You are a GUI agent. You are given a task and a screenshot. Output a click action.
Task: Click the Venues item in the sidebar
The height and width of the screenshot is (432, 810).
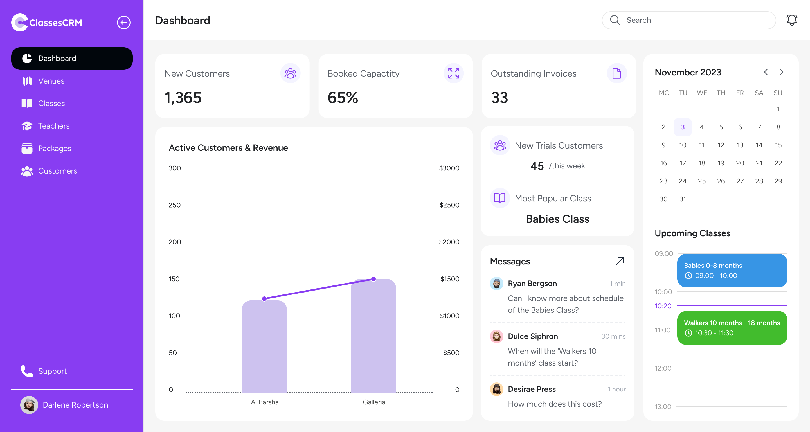tap(51, 81)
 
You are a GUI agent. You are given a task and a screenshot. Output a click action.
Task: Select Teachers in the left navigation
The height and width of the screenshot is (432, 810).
tap(53, 126)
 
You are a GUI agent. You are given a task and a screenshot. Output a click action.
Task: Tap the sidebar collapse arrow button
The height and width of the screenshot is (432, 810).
tap(123, 22)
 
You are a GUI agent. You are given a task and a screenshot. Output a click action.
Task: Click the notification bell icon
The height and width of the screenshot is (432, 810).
tap(791, 20)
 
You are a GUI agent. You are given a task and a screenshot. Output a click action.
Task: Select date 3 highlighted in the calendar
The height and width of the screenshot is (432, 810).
tap(682, 127)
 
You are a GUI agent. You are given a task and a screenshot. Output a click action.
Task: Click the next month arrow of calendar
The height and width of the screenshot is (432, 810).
tap(781, 72)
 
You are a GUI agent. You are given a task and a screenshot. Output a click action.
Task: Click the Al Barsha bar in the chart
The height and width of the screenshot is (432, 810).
tap(264, 346)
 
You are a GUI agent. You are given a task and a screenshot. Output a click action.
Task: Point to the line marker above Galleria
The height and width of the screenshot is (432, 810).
tap(373, 279)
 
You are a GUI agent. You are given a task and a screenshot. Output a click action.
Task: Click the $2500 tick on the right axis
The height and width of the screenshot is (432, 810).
tap(449, 205)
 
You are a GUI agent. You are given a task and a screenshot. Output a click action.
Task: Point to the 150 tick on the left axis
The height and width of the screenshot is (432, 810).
tap(174, 279)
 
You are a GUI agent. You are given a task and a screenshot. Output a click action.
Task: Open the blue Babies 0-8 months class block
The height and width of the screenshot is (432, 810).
tap(732, 270)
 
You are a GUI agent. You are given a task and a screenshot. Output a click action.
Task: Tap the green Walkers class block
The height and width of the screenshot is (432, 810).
tap(732, 328)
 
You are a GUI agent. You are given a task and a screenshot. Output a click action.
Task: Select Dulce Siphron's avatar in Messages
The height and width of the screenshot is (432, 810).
tap(496, 336)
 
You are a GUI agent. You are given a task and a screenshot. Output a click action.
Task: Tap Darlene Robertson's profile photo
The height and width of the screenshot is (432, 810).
tap(29, 405)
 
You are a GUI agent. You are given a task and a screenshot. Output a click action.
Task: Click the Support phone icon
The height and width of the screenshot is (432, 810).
tap(27, 371)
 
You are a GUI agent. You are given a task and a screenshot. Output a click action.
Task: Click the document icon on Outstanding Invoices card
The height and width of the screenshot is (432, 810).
tap(616, 73)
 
